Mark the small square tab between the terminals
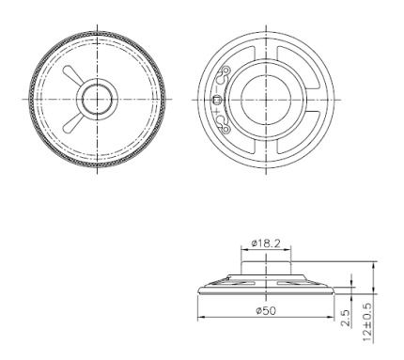click(x=217, y=100)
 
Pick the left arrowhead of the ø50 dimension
click(x=199, y=316)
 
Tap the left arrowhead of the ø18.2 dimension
click(x=243, y=250)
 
